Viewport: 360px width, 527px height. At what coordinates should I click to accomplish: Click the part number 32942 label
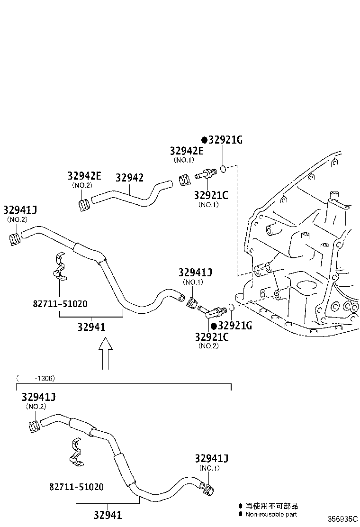pyautogui.click(x=129, y=178)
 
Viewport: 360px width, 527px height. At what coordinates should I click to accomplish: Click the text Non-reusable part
pyautogui.click(x=271, y=514)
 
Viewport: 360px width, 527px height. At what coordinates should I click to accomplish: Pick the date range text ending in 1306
pyautogui.click(x=36, y=378)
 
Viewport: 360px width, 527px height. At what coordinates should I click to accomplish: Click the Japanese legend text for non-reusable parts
pyautogui.click(x=271, y=506)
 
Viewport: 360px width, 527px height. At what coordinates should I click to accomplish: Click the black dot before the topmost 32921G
pyautogui.click(x=204, y=140)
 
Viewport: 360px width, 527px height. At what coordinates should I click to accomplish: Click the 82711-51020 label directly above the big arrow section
pyautogui.click(x=60, y=303)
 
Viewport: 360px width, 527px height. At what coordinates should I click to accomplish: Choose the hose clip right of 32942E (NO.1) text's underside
pyautogui.click(x=185, y=181)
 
